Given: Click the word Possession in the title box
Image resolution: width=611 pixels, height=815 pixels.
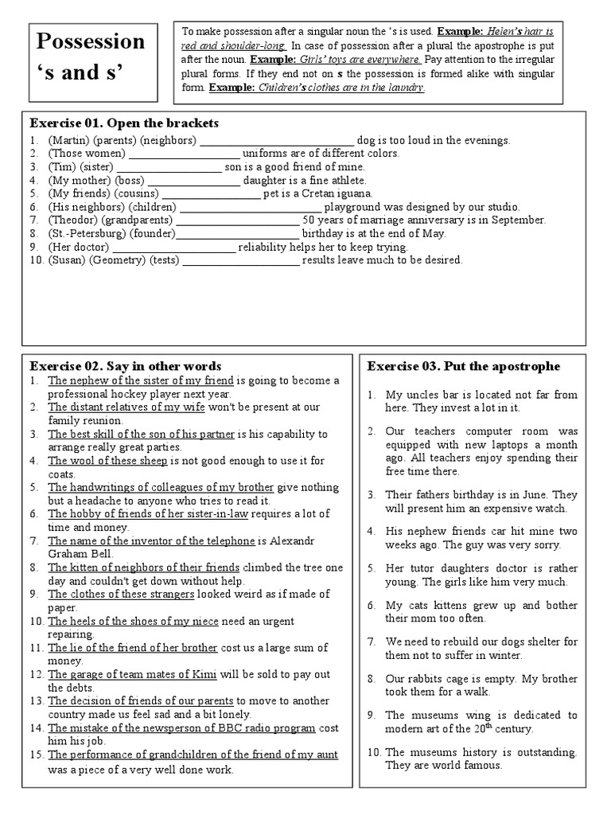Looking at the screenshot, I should click(x=87, y=42).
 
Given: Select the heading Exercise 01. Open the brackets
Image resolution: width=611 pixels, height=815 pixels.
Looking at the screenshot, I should click(x=124, y=123).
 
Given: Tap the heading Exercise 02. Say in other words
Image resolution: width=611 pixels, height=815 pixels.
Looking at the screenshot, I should click(x=126, y=366).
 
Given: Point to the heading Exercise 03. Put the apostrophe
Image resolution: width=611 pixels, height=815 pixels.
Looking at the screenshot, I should click(x=464, y=366).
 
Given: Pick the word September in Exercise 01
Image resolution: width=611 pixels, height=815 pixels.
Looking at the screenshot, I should click(x=518, y=220).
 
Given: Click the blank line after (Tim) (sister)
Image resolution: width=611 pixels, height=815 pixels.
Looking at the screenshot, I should click(x=169, y=167).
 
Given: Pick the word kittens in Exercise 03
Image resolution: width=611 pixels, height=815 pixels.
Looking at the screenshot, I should click(x=453, y=606).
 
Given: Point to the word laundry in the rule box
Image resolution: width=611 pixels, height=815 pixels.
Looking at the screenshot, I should click(x=405, y=88).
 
